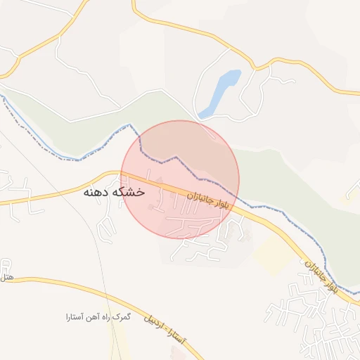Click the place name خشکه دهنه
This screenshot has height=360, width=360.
click(114, 191)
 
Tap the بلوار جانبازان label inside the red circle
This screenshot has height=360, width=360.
click(204, 202)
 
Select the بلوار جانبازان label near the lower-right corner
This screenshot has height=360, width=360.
click(321, 277)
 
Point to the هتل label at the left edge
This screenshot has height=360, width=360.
click(6, 278)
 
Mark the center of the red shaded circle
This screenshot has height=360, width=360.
click(180, 179)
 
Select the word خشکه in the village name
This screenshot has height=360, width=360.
click(130, 191)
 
